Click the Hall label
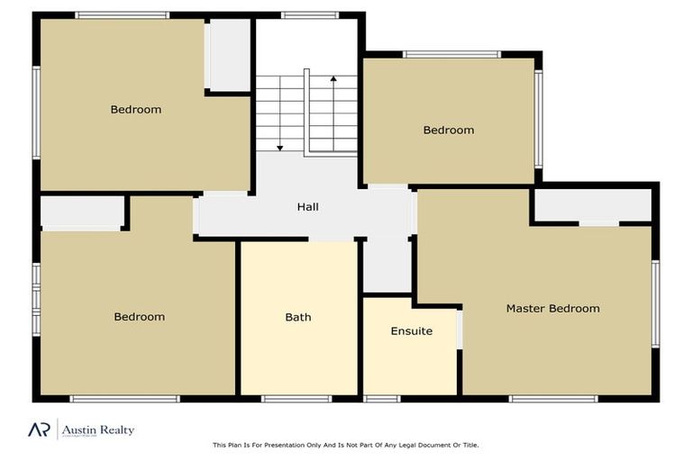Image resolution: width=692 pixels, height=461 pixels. (308, 207)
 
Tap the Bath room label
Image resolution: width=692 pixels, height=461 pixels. (298, 317)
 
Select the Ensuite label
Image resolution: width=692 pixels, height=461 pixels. (411, 331)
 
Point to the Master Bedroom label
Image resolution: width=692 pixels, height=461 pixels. (552, 309)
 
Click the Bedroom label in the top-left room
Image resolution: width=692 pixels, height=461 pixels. (136, 110)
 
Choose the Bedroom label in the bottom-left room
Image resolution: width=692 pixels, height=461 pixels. (140, 317)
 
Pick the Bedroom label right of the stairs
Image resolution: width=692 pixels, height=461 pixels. (449, 131)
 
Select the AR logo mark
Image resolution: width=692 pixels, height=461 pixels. (38, 429)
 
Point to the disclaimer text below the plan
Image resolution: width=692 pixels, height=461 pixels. (346, 445)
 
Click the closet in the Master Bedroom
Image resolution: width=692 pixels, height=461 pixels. (592, 205)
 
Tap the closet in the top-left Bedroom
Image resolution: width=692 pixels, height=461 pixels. (229, 54)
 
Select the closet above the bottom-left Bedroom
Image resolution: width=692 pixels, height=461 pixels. (82, 212)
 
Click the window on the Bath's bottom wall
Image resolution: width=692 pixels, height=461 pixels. (296, 399)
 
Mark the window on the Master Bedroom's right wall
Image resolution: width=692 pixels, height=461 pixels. (656, 303)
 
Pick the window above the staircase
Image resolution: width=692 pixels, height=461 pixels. (309, 15)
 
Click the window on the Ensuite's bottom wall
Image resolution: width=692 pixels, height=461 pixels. (382, 399)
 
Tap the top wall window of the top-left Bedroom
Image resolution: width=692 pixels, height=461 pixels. (122, 15)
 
